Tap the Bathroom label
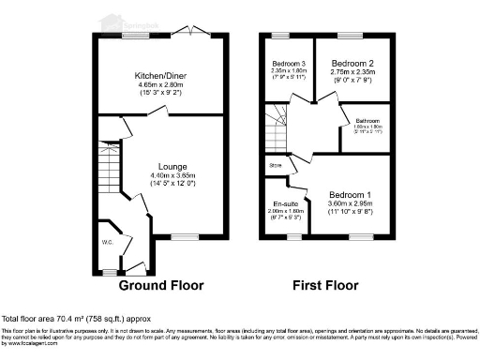(367, 122)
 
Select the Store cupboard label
(276, 166)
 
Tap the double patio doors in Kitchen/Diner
(192, 34)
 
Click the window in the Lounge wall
(184, 237)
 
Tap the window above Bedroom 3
(278, 35)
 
